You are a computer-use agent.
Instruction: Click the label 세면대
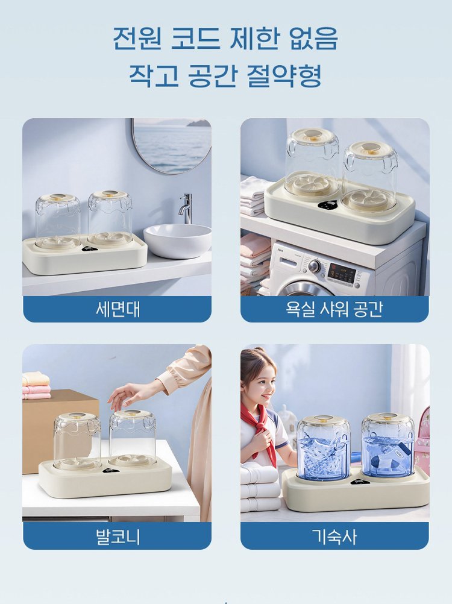pos(118,309)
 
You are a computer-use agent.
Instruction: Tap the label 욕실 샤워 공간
pos(334,309)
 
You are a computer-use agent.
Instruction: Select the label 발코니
pos(118,536)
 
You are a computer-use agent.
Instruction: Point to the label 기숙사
pos(334,536)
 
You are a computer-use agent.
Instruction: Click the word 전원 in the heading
pos(137,38)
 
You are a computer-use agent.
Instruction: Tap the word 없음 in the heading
pos(313,38)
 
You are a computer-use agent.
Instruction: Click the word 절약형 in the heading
pos(284,75)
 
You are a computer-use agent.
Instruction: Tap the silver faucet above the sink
pos(186,208)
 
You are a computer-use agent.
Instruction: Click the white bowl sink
pos(178,241)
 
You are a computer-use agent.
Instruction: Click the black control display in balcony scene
pos(110,470)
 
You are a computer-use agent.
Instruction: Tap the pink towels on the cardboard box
pos(36,385)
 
